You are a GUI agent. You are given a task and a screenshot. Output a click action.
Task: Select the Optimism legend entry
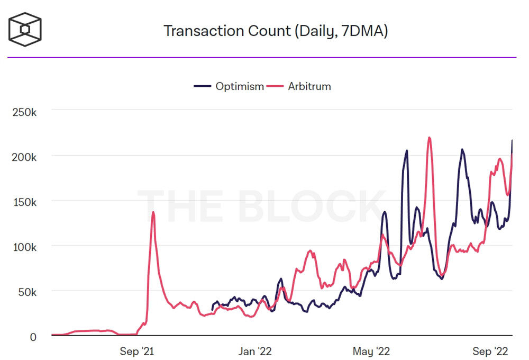pyautogui.click(x=239, y=86)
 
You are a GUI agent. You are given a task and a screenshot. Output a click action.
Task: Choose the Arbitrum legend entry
pyautogui.click(x=309, y=86)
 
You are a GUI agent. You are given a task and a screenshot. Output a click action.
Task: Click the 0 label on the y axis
pyautogui.click(x=33, y=337)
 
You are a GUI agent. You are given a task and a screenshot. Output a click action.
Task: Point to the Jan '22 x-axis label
pyautogui.click(x=256, y=351)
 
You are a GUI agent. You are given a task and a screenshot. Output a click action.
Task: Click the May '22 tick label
pyautogui.click(x=372, y=351)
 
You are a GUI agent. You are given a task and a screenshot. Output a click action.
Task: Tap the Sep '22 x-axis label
pyautogui.click(x=490, y=351)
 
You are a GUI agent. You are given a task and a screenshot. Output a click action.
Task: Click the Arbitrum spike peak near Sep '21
pyautogui.click(x=153, y=212)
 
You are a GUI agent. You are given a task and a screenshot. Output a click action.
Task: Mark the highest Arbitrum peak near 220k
pyautogui.click(x=429, y=138)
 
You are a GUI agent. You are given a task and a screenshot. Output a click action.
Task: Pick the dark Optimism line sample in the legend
pyautogui.click(x=203, y=86)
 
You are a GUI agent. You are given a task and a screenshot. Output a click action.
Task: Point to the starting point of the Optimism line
pyautogui.click(x=212, y=310)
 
